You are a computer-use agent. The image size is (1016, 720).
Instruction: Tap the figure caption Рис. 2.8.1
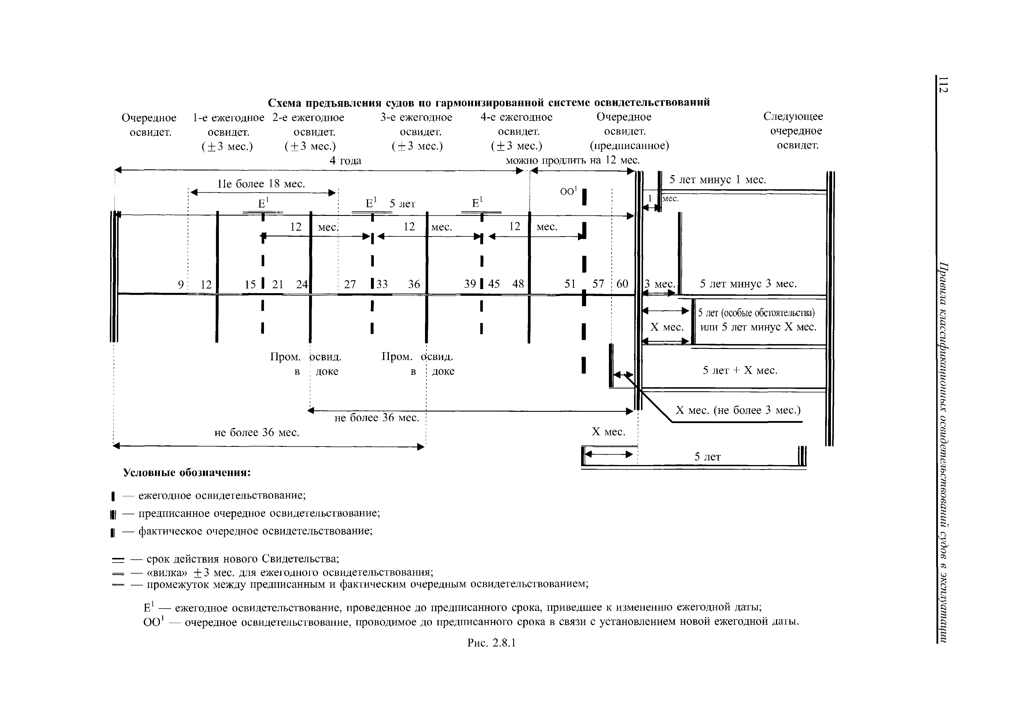point(492,642)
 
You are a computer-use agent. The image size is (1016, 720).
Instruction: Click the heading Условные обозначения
point(187,473)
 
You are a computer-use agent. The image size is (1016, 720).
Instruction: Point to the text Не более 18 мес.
point(261,183)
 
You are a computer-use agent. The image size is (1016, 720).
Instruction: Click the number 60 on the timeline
point(622,284)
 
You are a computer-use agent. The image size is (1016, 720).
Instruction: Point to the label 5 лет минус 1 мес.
point(718,179)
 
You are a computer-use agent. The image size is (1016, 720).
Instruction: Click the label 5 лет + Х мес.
point(740,370)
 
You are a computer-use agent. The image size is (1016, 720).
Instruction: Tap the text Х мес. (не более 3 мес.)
point(738,410)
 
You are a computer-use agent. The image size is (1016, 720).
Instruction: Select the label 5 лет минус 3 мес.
point(748,284)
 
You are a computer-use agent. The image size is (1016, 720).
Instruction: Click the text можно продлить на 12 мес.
point(573,160)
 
